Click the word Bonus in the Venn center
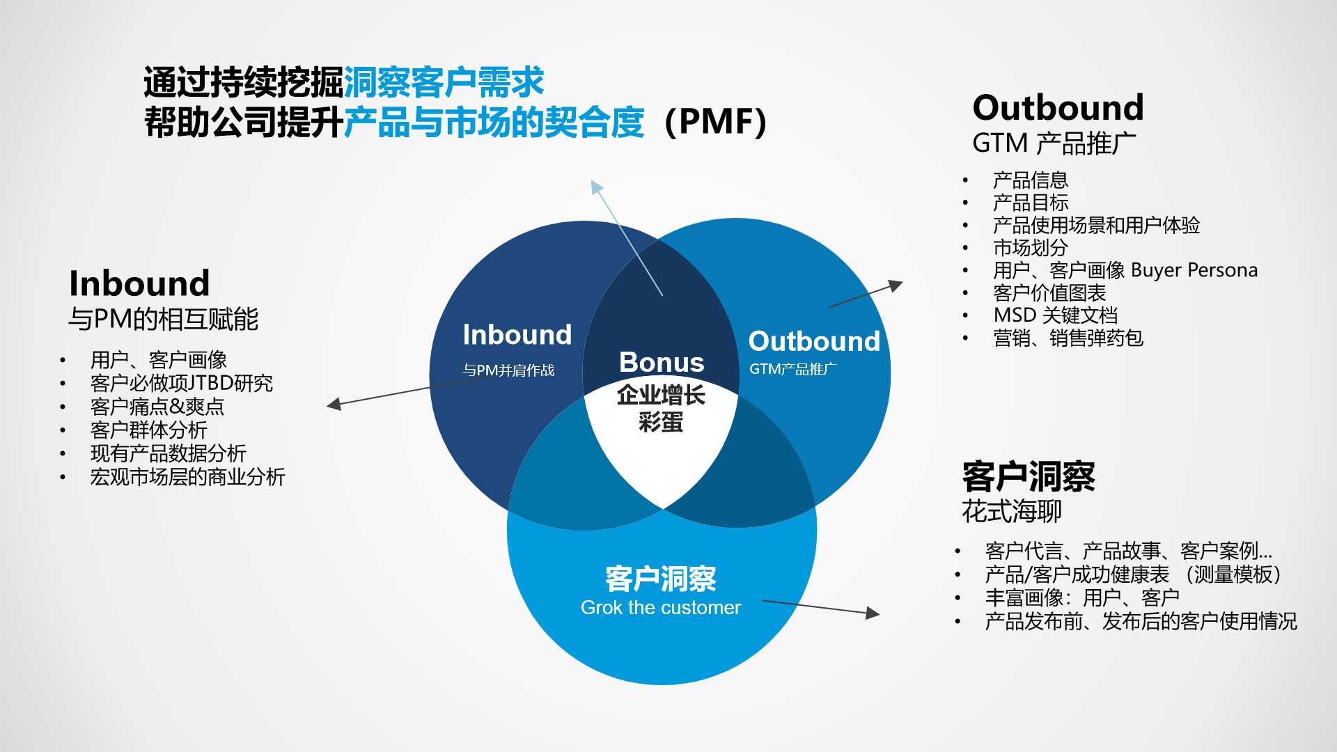point(662,362)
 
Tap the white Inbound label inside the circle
point(517,335)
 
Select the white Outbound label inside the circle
point(813,341)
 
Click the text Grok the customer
point(660,607)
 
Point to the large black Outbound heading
point(1058,108)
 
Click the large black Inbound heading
point(139,283)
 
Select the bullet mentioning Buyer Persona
point(1125,270)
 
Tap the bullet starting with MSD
point(1055,315)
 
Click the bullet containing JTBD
point(181,383)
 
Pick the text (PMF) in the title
point(716,122)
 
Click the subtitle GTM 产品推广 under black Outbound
point(1054,143)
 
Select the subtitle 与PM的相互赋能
point(163,320)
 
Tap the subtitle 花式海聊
point(1011,512)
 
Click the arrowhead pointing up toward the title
point(596,186)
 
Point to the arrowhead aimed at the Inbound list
point(334,405)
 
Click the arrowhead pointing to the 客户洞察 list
point(873,613)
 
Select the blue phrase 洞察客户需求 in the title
point(444,83)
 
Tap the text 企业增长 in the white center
point(660,395)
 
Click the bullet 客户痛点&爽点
point(157,407)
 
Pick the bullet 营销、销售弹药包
point(1068,338)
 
